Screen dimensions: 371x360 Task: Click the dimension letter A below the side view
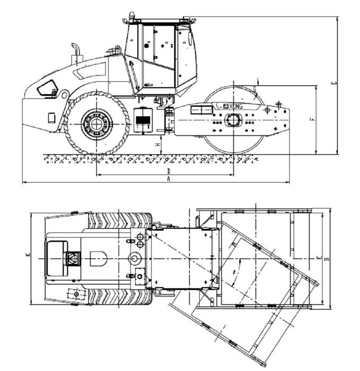169,180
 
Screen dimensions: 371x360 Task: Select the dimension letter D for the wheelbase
168,171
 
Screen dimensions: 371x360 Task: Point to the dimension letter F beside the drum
312,119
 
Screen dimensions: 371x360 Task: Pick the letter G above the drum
255,89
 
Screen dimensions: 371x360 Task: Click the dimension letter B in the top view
327,259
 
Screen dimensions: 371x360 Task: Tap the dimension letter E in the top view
318,258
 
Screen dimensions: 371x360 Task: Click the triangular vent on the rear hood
47,89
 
